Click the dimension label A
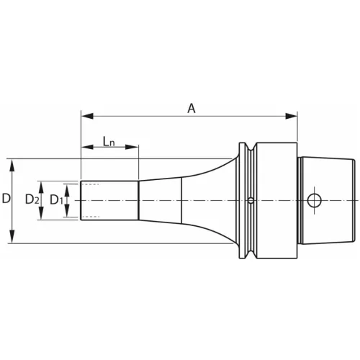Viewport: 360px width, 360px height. coord(192,109)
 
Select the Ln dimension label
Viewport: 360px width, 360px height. coord(109,141)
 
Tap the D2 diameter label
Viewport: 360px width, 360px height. coord(32,199)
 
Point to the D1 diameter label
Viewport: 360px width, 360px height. coord(56,200)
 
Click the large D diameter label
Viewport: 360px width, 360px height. coord(6,199)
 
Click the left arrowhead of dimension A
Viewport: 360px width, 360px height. coord(87,117)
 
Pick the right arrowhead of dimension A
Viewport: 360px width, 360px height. coord(291,117)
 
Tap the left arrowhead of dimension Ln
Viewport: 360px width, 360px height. coord(87,147)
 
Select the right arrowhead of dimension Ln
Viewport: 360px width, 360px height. coord(132,147)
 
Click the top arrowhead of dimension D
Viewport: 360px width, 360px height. coord(12,165)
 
